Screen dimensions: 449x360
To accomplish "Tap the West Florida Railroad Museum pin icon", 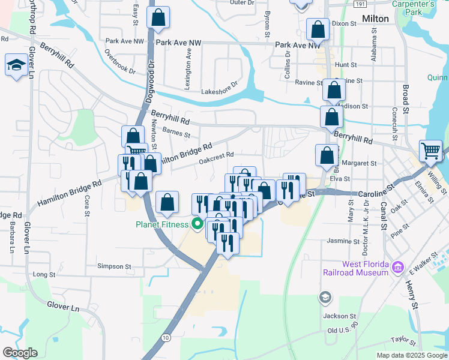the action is pos(397,266).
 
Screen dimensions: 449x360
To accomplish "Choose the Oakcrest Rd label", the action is pos(215,157).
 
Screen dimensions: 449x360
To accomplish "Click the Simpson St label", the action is pos(114,266).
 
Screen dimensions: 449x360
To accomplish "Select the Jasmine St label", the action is pos(343,241).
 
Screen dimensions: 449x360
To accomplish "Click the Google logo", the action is pos(20,352).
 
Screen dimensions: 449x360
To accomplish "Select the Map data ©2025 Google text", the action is pos(411,355).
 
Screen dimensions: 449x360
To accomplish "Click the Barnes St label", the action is pos(176,134).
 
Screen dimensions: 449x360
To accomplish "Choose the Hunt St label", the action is pos(346,65).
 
